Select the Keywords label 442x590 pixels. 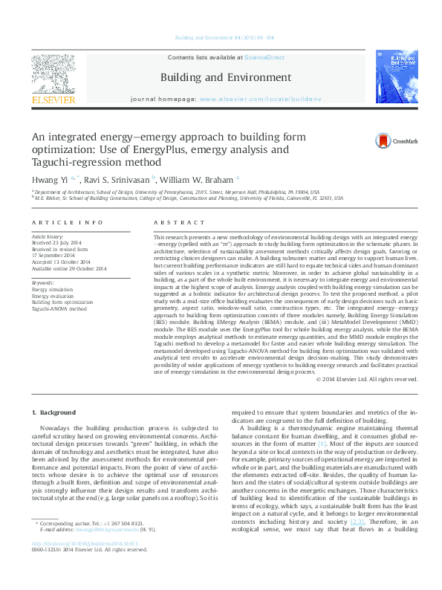coord(43,283)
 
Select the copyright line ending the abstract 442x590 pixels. coord(367,380)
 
